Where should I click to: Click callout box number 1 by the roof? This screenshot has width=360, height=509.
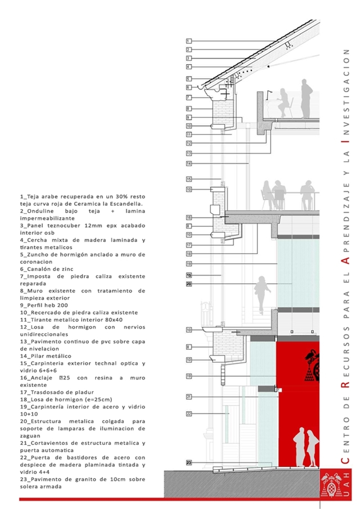(x=189, y=41)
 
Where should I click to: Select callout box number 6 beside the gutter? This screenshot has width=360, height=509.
(x=189, y=87)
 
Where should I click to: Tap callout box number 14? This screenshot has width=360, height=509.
(x=189, y=164)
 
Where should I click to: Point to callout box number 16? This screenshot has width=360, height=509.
(x=189, y=217)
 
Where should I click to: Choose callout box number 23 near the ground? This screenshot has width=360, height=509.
(x=189, y=463)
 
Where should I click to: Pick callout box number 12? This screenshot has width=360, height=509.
(x=189, y=143)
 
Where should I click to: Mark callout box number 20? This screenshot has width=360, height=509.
(x=189, y=284)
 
